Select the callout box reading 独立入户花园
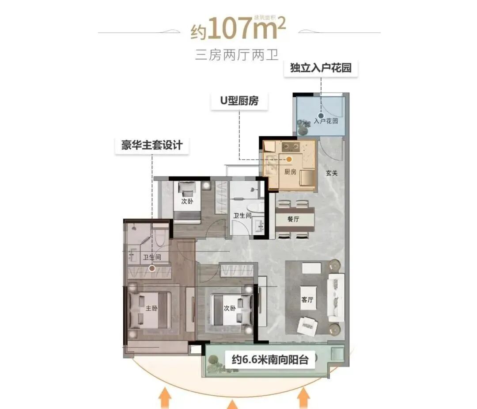pyautogui.click(x=320, y=69)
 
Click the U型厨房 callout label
pyautogui.click(x=239, y=101)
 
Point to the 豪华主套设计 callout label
pyautogui.click(x=152, y=145)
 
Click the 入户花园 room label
pyautogui.click(x=326, y=121)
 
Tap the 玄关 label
pyautogui.click(x=332, y=173)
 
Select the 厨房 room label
pyautogui.click(x=290, y=172)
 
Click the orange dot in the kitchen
pyautogui.click(x=289, y=158)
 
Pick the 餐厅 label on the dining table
pyautogui.click(x=294, y=219)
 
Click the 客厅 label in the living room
pyautogui.click(x=307, y=300)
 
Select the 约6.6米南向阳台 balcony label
pyautogui.click(x=269, y=359)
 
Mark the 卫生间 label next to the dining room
pyautogui.click(x=242, y=215)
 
